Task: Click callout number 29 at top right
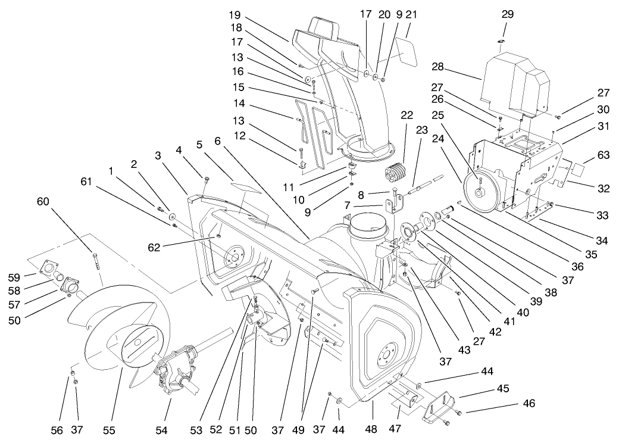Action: coord(507,14)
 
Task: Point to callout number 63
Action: coord(604,155)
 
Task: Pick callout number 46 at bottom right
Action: coord(529,404)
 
